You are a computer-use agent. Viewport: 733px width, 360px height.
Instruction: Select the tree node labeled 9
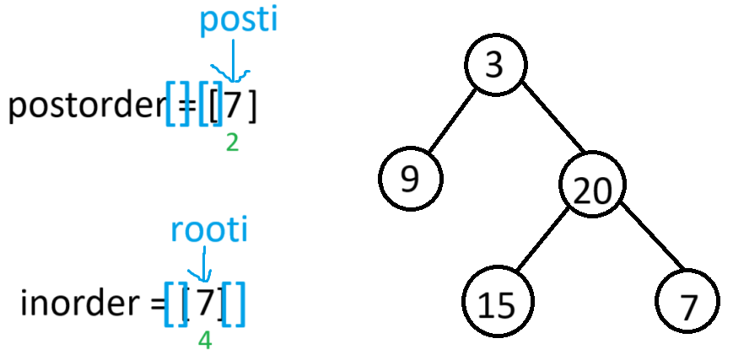coord(410,180)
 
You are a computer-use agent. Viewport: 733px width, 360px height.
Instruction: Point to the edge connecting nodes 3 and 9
coord(452,123)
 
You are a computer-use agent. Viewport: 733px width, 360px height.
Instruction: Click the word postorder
coord(84,108)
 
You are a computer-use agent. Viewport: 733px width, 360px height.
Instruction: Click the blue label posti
coord(238,22)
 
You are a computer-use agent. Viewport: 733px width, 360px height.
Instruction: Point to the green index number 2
coord(233,142)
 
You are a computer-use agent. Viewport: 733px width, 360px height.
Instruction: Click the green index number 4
coord(204,340)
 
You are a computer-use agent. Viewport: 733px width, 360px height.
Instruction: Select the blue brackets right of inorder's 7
coord(234,304)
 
